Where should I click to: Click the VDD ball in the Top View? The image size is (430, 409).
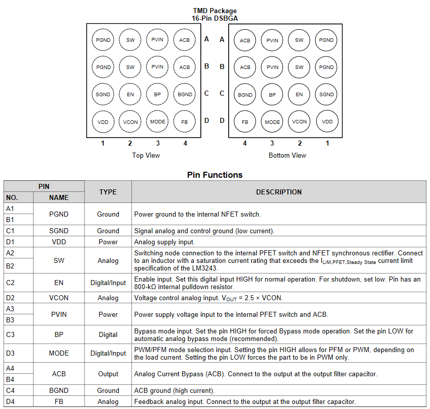click(103, 122)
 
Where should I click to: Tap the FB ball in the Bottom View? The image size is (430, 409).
click(245, 121)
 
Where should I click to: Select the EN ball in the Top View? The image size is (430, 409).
click(130, 94)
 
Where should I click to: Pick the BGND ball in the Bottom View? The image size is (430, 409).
click(245, 95)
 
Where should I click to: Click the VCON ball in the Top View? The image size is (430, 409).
click(130, 122)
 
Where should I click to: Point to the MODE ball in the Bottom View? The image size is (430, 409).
click(272, 122)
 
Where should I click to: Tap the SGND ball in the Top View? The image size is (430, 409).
click(103, 94)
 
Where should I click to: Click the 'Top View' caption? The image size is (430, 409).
click(146, 155)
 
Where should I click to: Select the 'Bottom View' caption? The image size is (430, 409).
click(287, 155)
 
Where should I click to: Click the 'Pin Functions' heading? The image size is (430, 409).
click(214, 175)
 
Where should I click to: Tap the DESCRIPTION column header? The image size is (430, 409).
click(279, 192)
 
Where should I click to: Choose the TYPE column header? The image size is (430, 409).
click(108, 192)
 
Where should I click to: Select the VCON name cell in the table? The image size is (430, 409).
click(59, 298)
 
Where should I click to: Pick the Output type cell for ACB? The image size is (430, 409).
click(108, 374)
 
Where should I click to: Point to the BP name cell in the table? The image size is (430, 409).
click(59, 334)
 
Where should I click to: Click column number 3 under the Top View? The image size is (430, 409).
click(158, 143)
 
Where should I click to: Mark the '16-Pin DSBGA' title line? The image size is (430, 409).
click(214, 18)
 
